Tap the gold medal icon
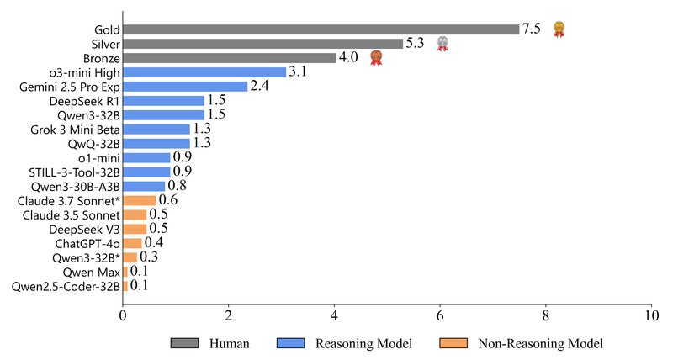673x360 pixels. click(x=559, y=29)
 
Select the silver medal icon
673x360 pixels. click(x=442, y=44)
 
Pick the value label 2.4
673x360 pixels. click(x=259, y=86)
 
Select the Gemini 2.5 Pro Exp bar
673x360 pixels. click(x=185, y=86)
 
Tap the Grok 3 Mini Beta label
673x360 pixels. click(x=74, y=129)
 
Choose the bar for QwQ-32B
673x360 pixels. click(x=156, y=143)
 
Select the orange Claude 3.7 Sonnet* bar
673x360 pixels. click(x=139, y=200)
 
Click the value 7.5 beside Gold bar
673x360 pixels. click(x=531, y=29)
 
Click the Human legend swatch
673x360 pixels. click(x=185, y=343)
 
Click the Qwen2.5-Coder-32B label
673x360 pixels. click(x=65, y=286)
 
